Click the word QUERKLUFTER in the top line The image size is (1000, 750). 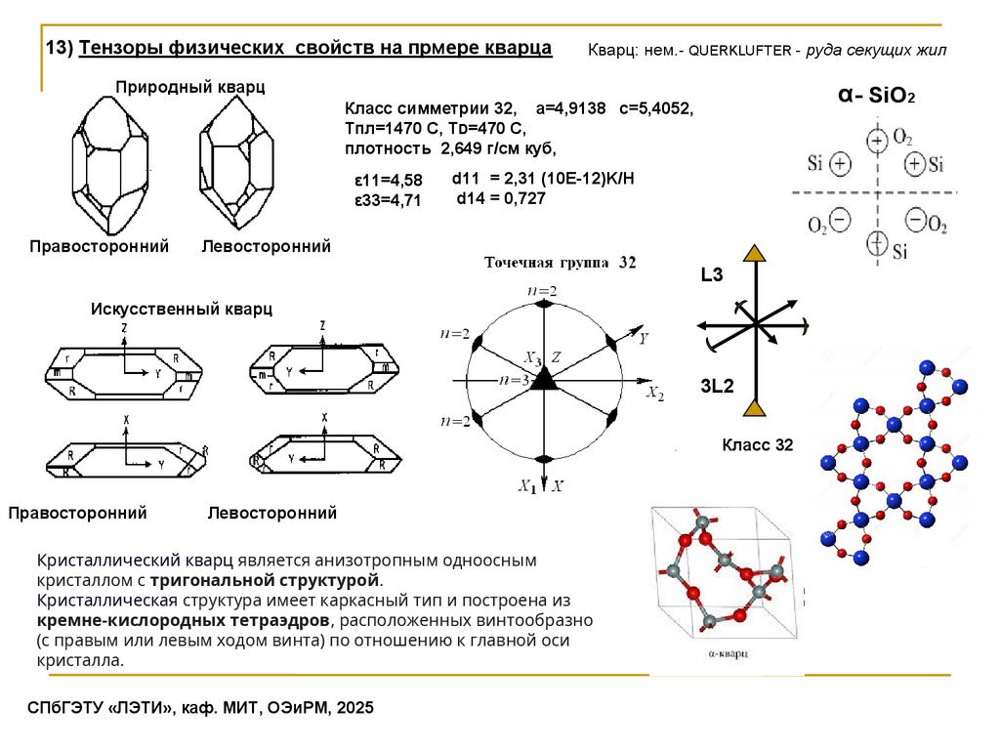(738, 50)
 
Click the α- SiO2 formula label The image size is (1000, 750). (876, 96)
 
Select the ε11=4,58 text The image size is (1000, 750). (388, 181)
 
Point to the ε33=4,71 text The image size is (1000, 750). (388, 200)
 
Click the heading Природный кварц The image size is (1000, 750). (190, 88)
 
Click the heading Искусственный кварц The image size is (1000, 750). (182, 309)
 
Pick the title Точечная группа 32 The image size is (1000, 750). (561, 263)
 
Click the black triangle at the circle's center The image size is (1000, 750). (542, 382)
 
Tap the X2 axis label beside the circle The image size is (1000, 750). (654, 394)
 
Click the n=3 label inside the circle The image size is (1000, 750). (513, 379)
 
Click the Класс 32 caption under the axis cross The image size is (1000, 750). (757, 445)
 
